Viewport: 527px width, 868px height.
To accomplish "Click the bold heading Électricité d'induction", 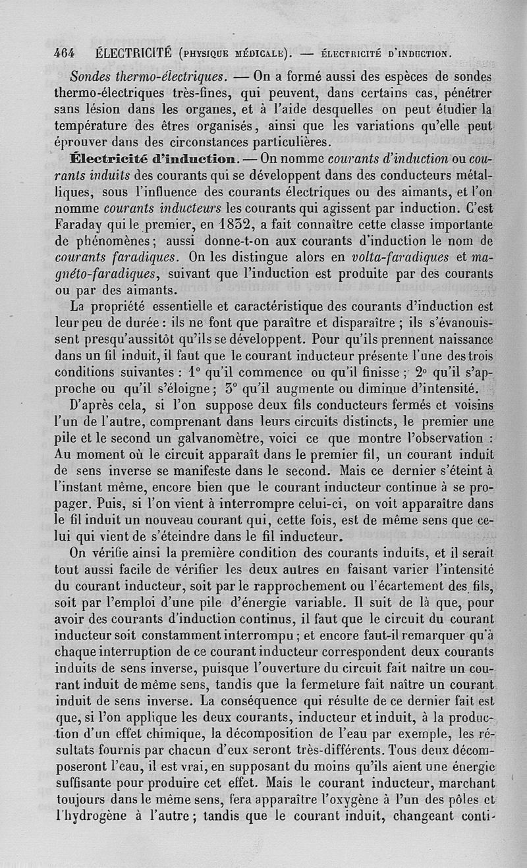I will click(155, 159).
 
